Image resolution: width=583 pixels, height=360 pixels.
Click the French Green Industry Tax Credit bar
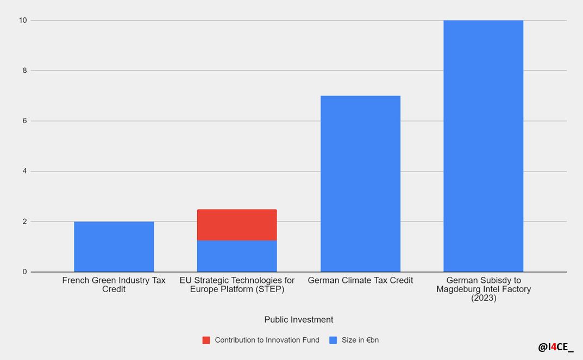114,247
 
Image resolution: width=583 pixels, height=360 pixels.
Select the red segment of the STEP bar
237,225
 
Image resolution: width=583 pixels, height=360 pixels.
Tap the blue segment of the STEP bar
237,256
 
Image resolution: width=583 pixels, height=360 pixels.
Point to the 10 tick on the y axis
22,21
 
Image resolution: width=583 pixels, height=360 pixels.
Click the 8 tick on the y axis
24,71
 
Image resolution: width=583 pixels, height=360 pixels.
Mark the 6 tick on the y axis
24,121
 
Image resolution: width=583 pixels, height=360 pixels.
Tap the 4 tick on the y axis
24,172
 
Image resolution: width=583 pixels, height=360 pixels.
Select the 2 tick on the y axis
24,222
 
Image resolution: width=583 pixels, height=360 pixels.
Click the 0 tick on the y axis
24,272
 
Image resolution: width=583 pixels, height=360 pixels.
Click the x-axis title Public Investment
299,320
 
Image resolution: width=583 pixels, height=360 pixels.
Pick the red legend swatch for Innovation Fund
206,340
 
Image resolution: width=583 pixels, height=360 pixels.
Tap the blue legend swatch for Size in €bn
333,340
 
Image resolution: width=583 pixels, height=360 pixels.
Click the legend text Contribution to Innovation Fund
267,340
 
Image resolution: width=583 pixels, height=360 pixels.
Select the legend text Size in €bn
360,340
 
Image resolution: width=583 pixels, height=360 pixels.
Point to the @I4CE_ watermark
556,347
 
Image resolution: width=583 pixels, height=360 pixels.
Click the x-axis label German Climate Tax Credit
360,281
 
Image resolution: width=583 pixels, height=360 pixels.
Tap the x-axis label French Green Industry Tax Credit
114,285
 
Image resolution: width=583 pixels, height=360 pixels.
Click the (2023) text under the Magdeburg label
484,298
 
